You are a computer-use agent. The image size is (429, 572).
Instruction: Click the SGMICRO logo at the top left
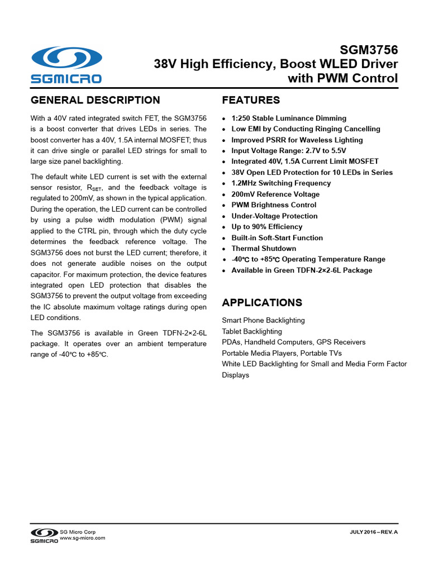[x=66, y=65]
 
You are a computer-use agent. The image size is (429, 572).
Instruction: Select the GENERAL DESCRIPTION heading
[x=95, y=101]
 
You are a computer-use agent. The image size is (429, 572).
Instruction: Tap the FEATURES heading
[x=251, y=101]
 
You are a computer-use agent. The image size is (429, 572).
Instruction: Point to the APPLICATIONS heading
[x=262, y=303]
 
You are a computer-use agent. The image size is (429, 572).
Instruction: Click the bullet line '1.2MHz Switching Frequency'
[x=281, y=183]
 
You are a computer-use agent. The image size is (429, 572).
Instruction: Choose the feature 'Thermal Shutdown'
[x=264, y=249]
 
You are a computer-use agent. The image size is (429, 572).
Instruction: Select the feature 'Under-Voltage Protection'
[x=274, y=216]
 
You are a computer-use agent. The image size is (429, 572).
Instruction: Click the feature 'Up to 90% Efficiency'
[x=267, y=227]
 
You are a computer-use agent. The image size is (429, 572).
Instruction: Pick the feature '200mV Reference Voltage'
[x=275, y=194]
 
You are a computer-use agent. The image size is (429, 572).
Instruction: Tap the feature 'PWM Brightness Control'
[x=274, y=205]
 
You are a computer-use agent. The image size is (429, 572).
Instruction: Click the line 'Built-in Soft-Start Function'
[x=277, y=238]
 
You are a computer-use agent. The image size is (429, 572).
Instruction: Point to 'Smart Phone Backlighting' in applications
[x=263, y=321]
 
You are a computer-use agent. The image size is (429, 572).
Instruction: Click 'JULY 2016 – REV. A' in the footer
[x=373, y=532]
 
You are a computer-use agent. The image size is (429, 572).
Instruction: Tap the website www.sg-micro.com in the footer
[x=82, y=538]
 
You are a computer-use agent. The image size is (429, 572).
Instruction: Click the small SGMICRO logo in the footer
[x=44, y=535]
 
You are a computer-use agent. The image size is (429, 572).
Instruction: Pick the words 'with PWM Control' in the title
[x=342, y=79]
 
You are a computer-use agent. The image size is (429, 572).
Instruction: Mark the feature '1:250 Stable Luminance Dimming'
[x=289, y=118]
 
